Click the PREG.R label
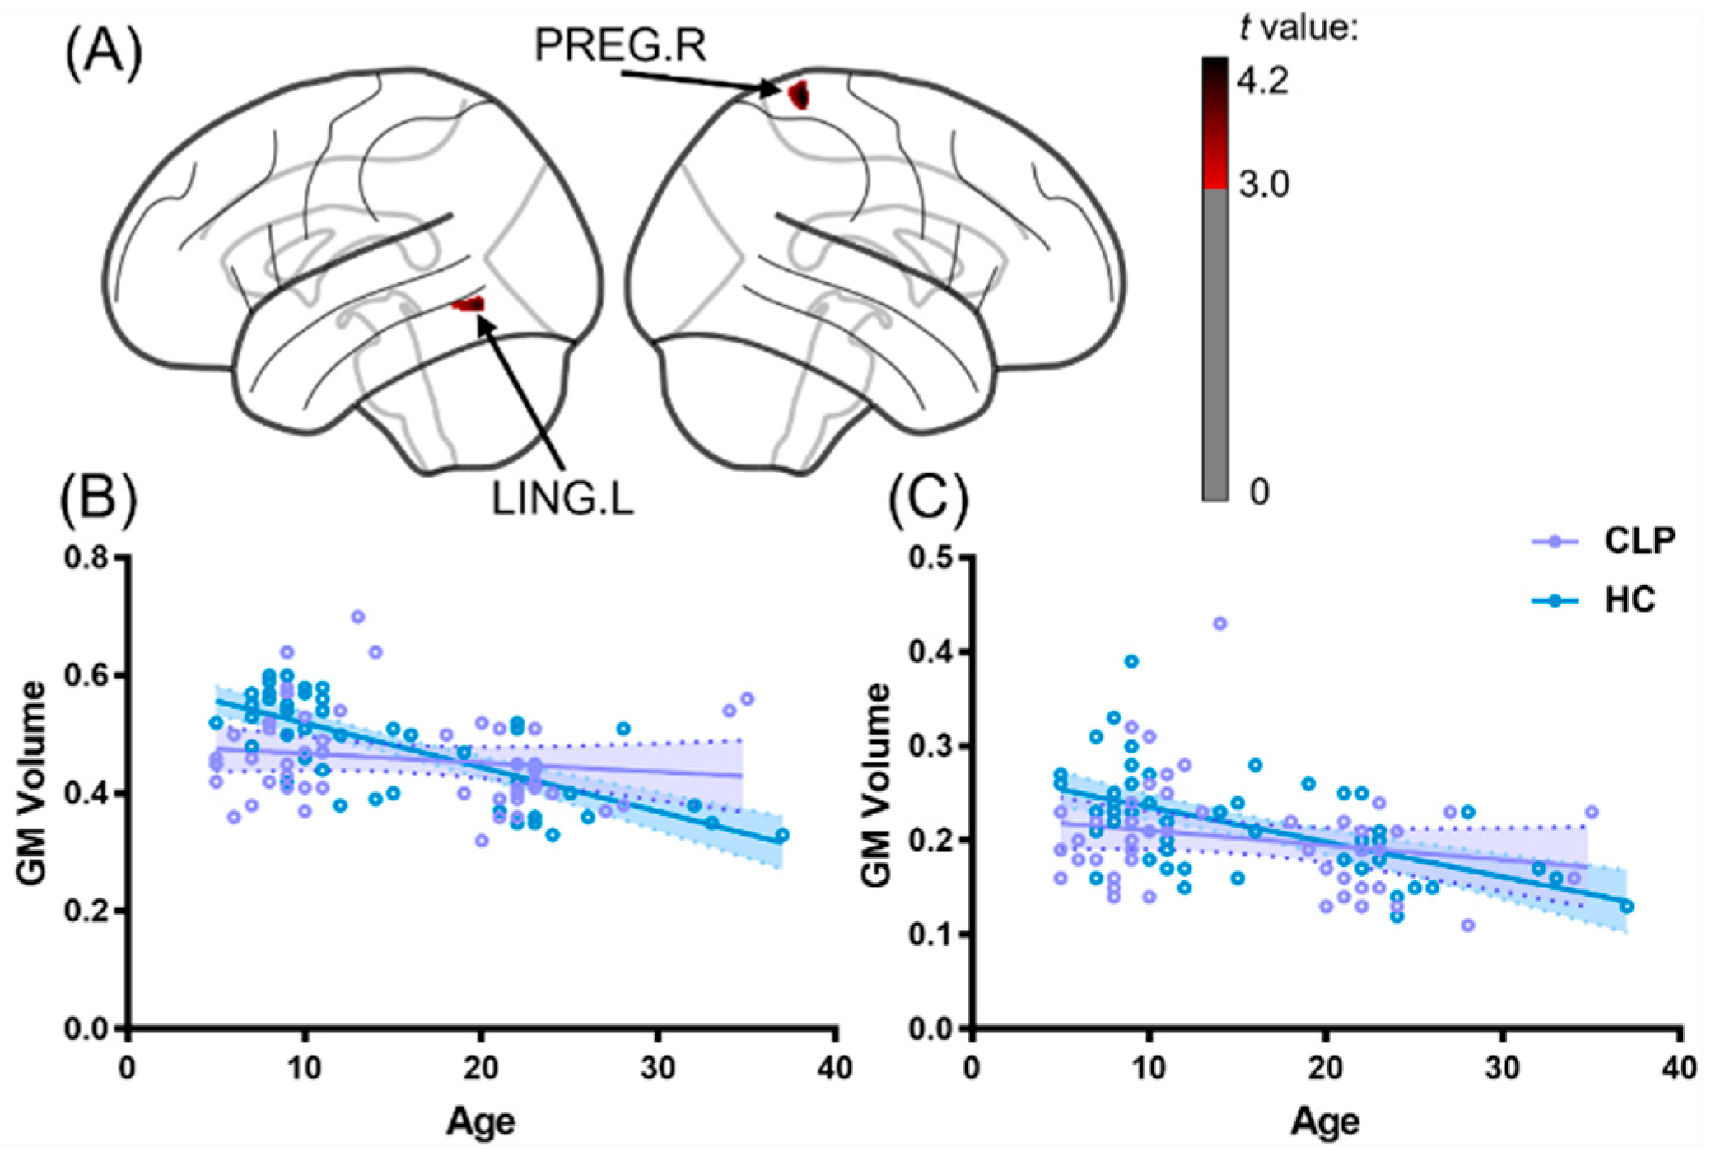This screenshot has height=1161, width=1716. click(620, 45)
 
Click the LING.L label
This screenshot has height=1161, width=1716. click(562, 499)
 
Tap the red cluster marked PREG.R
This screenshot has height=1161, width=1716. click(799, 96)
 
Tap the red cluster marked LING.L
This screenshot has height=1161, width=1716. click(470, 305)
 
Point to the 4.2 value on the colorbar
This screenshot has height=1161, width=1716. click(1263, 81)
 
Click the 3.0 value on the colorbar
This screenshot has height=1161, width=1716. click(1264, 184)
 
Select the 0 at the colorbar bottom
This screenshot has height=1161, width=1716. click(1259, 492)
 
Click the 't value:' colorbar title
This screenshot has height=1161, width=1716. click(1298, 29)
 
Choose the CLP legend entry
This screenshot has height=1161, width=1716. click(1639, 541)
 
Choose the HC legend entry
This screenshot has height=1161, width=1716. click(1630, 600)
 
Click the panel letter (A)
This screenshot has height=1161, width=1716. click(104, 55)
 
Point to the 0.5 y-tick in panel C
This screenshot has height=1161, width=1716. click(930, 557)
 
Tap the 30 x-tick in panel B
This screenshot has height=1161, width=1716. click(659, 1069)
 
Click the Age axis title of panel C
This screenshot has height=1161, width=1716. click(1325, 1121)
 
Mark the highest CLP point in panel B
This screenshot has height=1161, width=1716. click(358, 617)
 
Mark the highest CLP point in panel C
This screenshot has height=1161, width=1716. click(1219, 623)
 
